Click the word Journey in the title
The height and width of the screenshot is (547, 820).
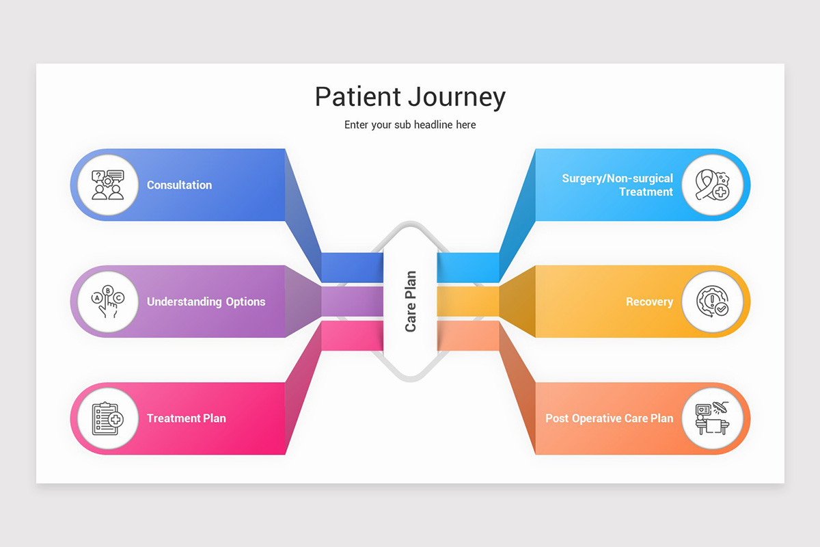[x=458, y=98]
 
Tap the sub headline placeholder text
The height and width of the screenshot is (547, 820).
[x=410, y=125]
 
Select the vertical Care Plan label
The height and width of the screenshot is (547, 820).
[x=410, y=302]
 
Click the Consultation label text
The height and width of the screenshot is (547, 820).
[x=179, y=185]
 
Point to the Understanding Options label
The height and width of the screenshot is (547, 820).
[x=206, y=302]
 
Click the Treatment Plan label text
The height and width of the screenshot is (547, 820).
[x=186, y=418]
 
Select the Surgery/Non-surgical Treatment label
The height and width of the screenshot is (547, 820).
[x=617, y=185]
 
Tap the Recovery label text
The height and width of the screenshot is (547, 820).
[x=649, y=302]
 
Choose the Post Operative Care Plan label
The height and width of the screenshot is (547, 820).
[x=609, y=418]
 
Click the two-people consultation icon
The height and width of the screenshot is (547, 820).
[x=108, y=185]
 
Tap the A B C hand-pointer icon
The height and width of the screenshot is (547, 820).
[x=108, y=302]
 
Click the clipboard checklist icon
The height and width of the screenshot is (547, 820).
[x=108, y=418]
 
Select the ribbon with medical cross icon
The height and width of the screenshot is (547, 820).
[x=712, y=185]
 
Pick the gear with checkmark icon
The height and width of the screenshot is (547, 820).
[x=712, y=302]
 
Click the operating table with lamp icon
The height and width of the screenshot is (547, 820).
[x=712, y=418]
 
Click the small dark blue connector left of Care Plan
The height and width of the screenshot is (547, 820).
[x=352, y=267]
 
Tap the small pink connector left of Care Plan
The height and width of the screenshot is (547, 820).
[x=352, y=336]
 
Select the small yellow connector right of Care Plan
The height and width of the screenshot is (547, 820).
[x=468, y=302]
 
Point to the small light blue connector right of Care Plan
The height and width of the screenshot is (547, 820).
[x=468, y=267]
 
